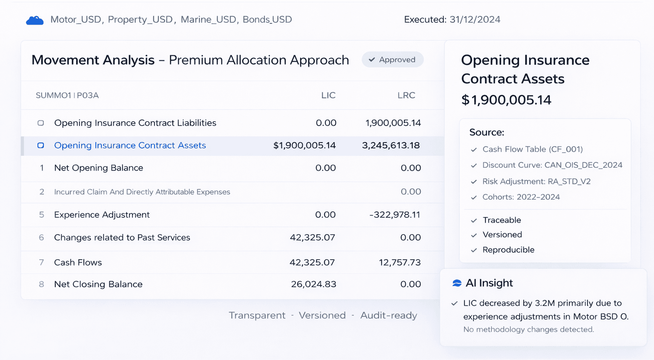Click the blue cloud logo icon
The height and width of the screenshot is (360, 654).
[35, 20]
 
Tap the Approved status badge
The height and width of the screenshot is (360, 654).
[392, 60]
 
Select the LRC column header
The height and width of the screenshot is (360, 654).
[406, 95]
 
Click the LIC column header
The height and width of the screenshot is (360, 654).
[328, 95]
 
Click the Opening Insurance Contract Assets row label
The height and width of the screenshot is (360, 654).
[130, 146]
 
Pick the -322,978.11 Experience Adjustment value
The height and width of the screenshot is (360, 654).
[395, 215]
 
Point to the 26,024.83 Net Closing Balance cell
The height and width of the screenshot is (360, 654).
[313, 284]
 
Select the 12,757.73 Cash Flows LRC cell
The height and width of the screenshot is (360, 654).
[399, 263]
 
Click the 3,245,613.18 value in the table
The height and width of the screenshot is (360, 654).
[390, 146]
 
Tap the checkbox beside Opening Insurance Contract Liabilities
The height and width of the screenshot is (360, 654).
[41, 123]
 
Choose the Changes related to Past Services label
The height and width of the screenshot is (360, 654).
[122, 237]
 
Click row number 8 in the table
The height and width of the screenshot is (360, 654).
[41, 284]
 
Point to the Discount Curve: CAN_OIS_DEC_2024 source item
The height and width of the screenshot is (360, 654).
[552, 165]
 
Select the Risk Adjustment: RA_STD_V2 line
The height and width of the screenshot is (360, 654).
[536, 182]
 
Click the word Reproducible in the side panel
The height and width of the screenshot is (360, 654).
[508, 250]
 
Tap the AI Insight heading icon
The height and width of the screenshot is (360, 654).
[457, 283]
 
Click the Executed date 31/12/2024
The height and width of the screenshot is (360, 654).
[475, 20]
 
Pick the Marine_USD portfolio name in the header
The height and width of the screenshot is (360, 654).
[208, 20]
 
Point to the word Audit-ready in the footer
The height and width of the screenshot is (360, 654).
[388, 315]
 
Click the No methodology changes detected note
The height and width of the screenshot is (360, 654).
[528, 329]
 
